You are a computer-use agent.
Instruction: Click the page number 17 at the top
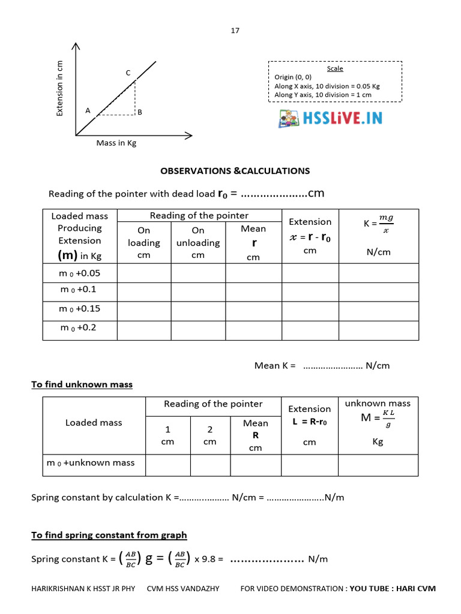tap(235, 31)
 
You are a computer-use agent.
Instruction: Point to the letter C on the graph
tap(128, 73)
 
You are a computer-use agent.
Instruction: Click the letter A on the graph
tap(88, 110)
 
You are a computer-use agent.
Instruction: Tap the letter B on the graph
tap(139, 112)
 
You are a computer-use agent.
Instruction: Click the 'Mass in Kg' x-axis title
tap(116, 143)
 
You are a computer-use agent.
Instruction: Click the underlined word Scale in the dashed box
tap(335, 68)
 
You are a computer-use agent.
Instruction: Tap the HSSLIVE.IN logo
tap(330, 118)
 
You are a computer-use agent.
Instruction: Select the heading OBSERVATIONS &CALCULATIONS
tap(235, 171)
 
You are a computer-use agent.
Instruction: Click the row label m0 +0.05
tap(80, 272)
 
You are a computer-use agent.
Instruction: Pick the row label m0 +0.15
tap(80, 309)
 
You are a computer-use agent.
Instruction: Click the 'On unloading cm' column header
tap(198, 242)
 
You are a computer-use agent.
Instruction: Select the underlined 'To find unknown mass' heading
tap(82, 384)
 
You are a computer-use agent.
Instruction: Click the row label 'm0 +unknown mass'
tap(91, 463)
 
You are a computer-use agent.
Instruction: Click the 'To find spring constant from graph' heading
tap(109, 535)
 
